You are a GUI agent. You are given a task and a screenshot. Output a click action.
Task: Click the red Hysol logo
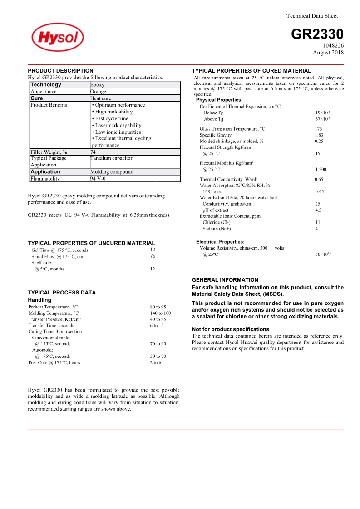point(58,37)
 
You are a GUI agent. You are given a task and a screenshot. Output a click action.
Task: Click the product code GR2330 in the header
point(317,34)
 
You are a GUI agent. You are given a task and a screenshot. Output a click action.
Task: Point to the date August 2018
point(328,53)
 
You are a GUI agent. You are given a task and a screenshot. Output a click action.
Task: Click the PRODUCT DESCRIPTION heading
point(60,71)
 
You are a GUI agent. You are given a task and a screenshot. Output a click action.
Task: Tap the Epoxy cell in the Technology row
point(97,85)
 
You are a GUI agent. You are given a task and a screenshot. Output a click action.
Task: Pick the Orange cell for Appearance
point(98,92)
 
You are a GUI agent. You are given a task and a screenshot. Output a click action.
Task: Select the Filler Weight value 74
point(93,152)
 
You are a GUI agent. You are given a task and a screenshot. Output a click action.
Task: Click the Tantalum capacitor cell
point(111,158)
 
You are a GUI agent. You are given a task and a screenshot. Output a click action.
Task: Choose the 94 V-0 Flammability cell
point(98,179)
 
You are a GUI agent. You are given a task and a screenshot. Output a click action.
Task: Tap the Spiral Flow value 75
point(153,256)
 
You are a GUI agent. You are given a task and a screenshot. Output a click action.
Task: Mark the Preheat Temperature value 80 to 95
point(158,307)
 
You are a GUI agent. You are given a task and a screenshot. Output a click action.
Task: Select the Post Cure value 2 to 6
point(155,362)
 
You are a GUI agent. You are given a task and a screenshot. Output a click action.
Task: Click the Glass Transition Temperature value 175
point(318,129)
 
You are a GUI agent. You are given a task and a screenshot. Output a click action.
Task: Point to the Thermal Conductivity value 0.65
point(319,179)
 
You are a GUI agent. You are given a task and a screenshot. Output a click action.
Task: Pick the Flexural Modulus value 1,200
point(321,170)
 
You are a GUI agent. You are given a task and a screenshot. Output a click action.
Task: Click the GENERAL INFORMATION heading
point(225,280)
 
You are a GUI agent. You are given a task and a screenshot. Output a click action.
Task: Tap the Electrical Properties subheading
point(220,242)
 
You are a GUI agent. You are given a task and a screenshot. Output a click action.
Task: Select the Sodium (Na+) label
point(217,229)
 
